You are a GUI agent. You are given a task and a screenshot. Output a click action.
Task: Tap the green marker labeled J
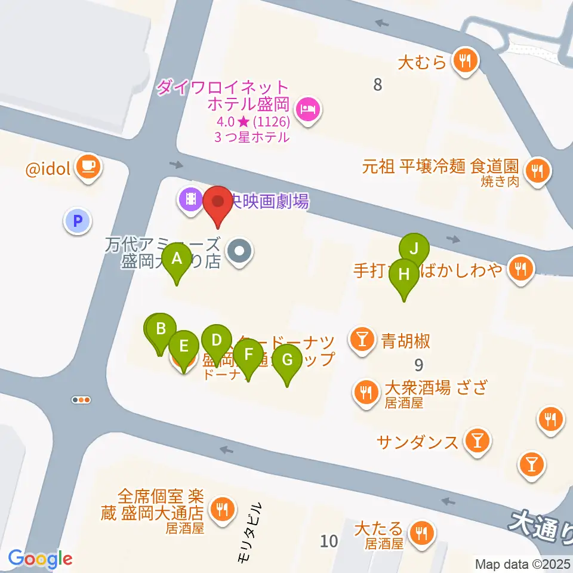[x=414, y=247]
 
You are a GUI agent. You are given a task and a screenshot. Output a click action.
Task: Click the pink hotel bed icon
[x=307, y=109]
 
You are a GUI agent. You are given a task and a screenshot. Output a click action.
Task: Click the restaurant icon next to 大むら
[x=464, y=60]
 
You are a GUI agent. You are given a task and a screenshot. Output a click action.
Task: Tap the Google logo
[x=41, y=559]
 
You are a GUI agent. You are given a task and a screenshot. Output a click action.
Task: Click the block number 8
[x=377, y=85]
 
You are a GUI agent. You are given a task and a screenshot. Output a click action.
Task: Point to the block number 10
[x=328, y=541]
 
